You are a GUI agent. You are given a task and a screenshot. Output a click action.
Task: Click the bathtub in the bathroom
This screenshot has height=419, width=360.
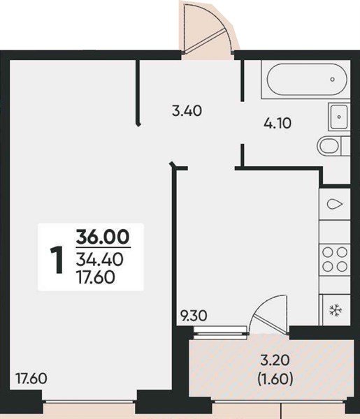click(x=307, y=79)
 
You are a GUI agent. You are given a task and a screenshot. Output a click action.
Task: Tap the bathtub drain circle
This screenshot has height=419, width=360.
click(x=333, y=79)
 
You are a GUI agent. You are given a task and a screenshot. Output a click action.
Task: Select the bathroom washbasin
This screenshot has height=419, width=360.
click(x=339, y=117)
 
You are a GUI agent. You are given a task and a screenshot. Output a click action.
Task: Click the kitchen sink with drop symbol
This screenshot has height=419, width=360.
click(x=335, y=204)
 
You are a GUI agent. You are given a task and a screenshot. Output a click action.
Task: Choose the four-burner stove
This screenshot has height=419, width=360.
click(x=335, y=259)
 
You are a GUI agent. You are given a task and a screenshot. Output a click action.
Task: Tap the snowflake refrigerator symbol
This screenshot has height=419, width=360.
click(x=336, y=310)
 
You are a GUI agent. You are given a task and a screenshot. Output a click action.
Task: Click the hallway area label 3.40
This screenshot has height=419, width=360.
click(x=187, y=110)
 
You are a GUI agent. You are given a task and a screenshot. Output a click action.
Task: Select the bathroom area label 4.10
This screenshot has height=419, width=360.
click(x=277, y=124)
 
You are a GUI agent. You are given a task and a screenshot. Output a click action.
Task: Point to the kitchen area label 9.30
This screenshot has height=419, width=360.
click(x=194, y=316)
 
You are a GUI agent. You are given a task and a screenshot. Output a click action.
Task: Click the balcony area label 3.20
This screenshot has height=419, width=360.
click(x=275, y=360)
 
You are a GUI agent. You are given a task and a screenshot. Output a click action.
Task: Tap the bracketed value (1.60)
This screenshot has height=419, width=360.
click(x=275, y=379)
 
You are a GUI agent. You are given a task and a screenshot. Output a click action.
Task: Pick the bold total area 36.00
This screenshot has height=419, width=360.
click(x=103, y=237)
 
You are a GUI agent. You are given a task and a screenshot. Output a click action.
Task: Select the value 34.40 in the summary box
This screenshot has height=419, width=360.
click(x=99, y=260)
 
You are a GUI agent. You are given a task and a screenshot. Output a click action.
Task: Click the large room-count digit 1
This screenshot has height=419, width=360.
click(x=57, y=260)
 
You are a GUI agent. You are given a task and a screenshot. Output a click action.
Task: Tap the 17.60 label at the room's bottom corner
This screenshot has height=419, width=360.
click(x=31, y=378)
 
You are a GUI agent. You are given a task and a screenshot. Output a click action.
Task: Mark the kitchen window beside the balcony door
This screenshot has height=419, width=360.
click(x=220, y=330)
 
